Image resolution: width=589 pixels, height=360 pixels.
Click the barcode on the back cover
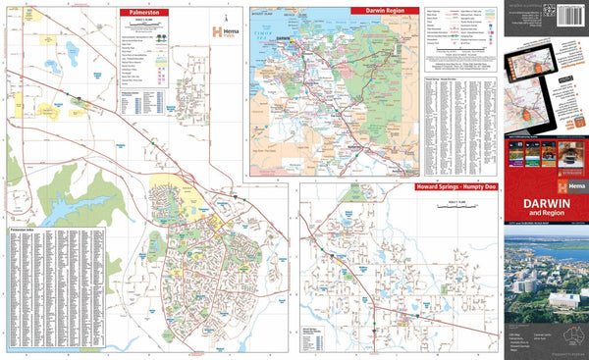569,19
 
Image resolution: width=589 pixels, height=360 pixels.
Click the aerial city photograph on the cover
545,275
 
